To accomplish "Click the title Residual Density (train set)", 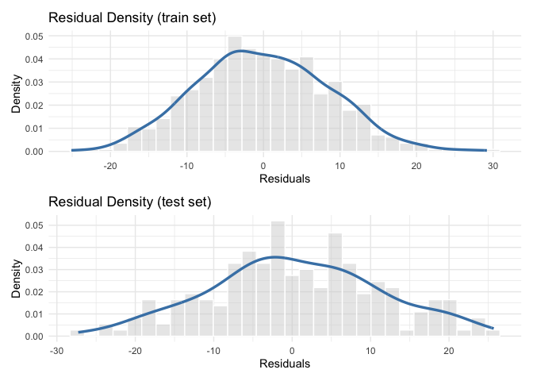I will pos(132,18).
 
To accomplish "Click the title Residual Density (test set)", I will pos(130,202).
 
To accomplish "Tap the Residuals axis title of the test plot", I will pos(283,365).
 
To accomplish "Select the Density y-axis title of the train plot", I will pos(16,94).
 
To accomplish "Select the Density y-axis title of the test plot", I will pos(16,279).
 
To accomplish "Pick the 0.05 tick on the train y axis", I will pos(33,37).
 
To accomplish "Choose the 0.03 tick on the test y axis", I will pos(33,269).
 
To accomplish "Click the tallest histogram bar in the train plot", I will pos(235,94).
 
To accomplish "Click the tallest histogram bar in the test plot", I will pos(278,279).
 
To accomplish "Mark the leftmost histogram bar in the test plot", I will pos(77,333).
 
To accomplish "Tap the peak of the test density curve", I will pos(274,256).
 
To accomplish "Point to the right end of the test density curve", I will pos(493,328).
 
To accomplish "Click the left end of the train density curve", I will pos(72,150).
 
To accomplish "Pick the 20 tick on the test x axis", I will pos(449,352).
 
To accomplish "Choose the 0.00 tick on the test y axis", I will pos(33,337).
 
